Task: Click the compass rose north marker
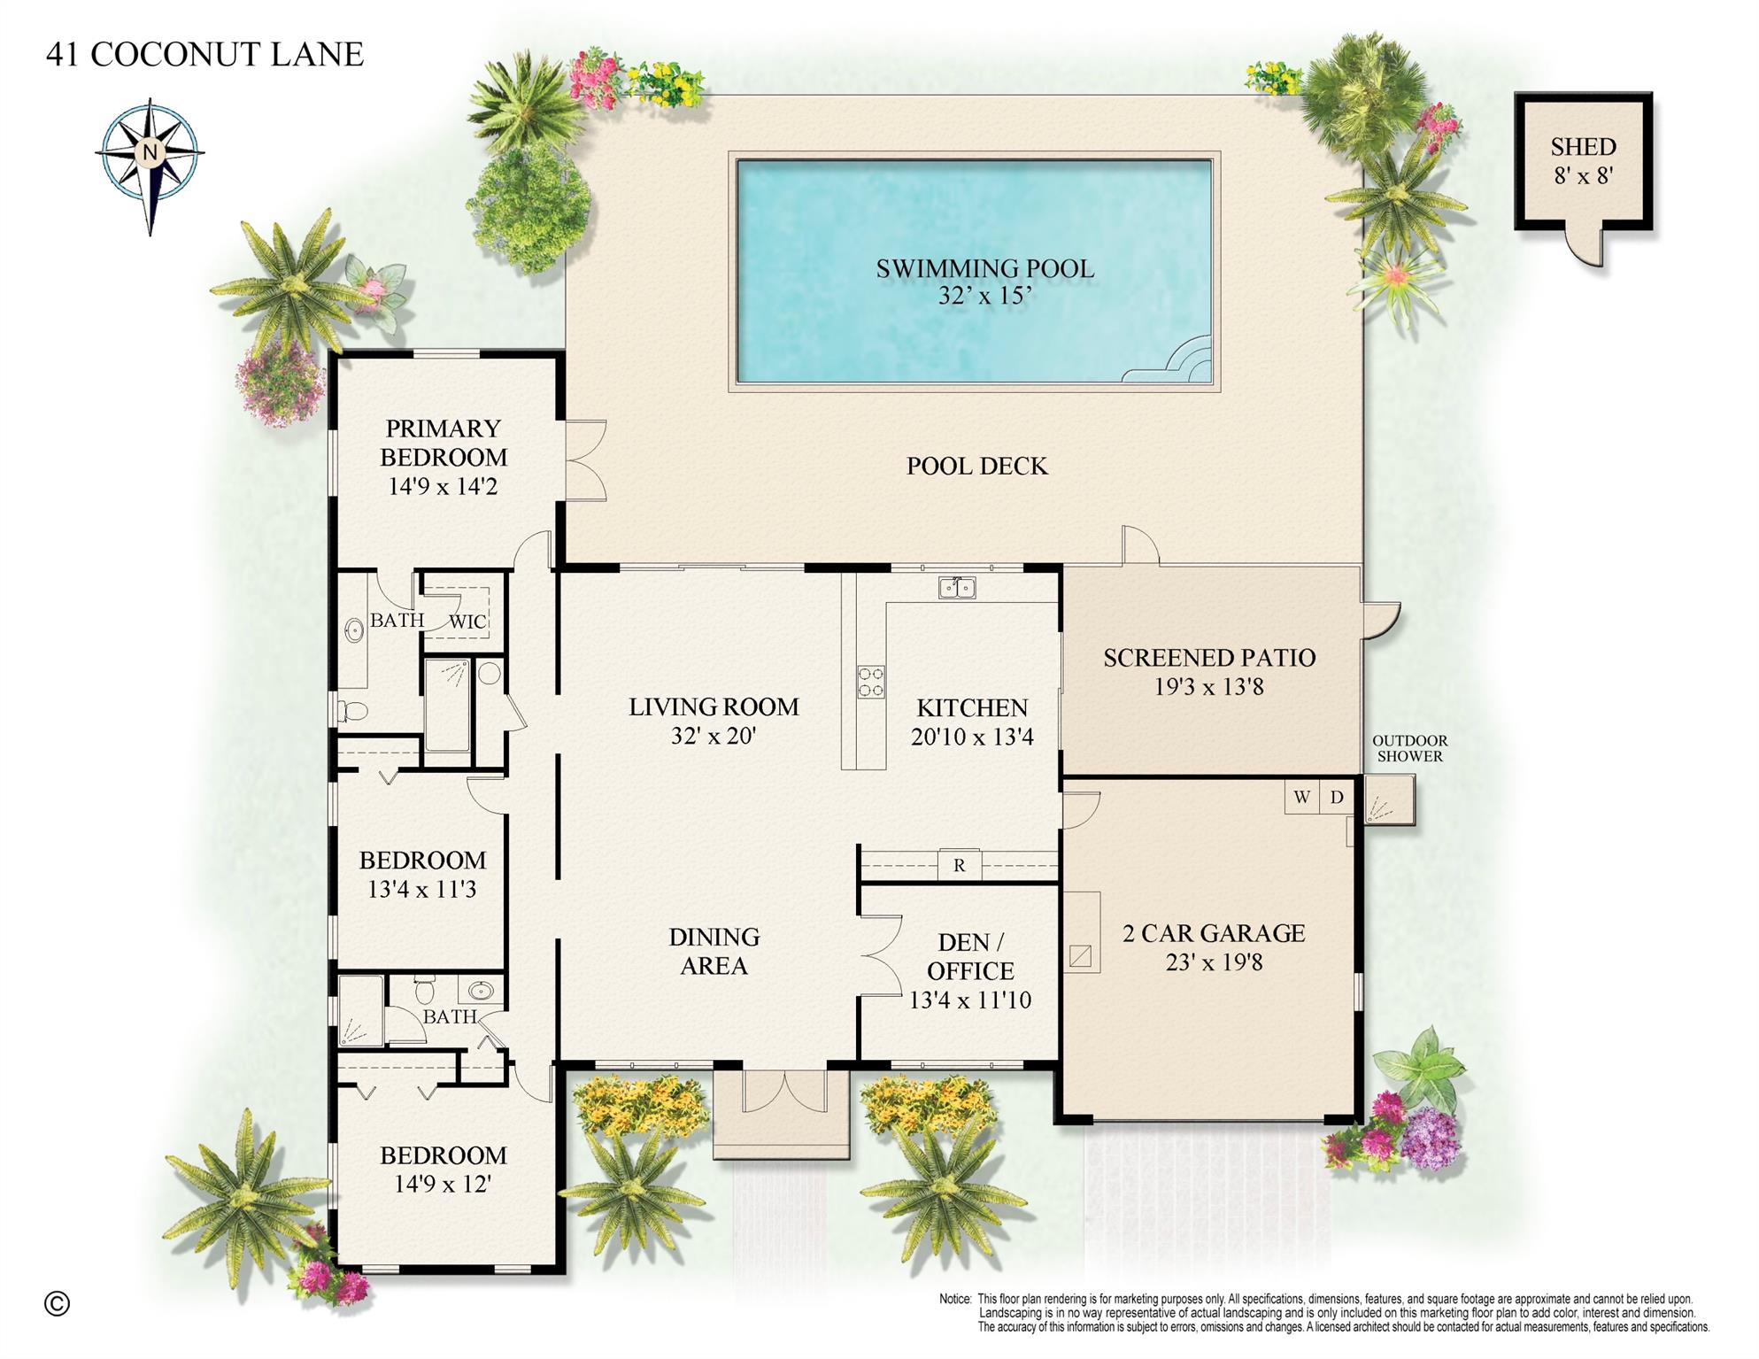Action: [x=150, y=151]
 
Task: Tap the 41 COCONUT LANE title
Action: [x=204, y=54]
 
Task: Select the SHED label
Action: [x=1583, y=147]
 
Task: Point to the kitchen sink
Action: [x=956, y=587]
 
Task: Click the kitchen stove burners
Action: [x=870, y=681]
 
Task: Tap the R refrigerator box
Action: [x=960, y=865]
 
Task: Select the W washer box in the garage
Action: [x=1301, y=797]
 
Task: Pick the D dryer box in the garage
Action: [x=1337, y=797]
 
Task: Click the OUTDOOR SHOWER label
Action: [x=1409, y=748]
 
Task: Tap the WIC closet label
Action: [x=467, y=622]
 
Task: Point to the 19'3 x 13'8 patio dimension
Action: [x=1208, y=686]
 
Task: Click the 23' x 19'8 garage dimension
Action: [x=1214, y=961]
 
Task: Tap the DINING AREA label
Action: [x=714, y=951]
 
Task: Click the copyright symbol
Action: [x=57, y=1303]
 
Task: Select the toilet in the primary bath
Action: [x=354, y=710]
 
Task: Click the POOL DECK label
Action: [x=976, y=466]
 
